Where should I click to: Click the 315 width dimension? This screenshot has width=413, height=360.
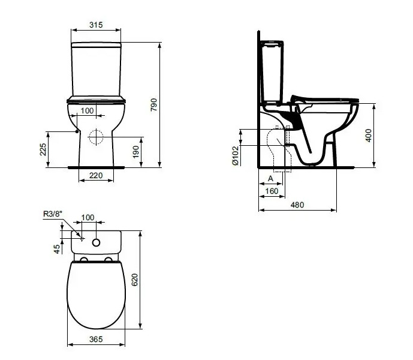point(96,25)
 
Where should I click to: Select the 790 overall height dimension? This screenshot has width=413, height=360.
point(154,105)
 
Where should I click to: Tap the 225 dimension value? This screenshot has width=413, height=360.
point(43,149)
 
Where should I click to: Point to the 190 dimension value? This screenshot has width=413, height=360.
point(135,152)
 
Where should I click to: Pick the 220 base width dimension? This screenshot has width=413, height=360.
point(96,175)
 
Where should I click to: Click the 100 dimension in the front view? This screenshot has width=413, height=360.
point(87,111)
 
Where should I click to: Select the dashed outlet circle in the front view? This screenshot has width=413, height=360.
point(96,137)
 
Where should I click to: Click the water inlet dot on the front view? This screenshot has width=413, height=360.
point(77,131)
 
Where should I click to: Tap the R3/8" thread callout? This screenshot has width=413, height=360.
point(53,214)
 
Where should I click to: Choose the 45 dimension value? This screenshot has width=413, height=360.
point(57,249)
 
